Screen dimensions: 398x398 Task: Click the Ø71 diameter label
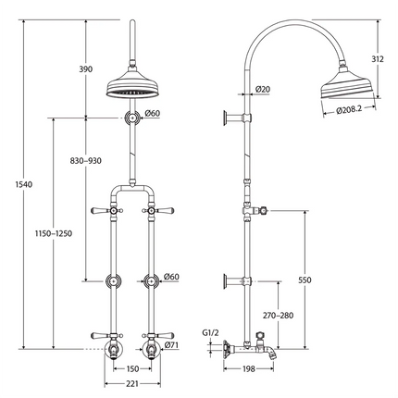171,346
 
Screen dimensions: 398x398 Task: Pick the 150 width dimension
133,368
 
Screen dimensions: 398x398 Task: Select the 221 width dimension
133,384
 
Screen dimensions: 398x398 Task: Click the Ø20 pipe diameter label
262,90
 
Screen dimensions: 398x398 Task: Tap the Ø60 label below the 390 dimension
153,114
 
